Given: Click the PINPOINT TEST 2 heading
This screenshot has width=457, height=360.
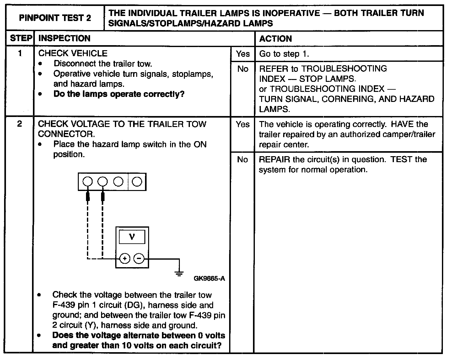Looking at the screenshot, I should pyautogui.click(x=55, y=18).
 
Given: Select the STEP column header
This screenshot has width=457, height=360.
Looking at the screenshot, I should pyautogui.click(x=21, y=39).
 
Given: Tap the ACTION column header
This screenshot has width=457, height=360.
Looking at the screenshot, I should pyautogui.click(x=275, y=39).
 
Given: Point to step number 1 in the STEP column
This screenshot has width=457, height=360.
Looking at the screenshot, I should pyautogui.click(x=20, y=53).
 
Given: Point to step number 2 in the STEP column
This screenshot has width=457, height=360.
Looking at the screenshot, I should pyautogui.click(x=19, y=124).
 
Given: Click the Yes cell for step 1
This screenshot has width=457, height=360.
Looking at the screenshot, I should pyautogui.click(x=243, y=54).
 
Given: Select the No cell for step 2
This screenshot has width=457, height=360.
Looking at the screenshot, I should pyautogui.click(x=243, y=160).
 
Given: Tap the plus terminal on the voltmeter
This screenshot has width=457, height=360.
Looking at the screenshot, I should pyautogui.click(x=125, y=259).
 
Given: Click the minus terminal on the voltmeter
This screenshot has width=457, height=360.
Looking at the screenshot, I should pyautogui.click(x=139, y=259).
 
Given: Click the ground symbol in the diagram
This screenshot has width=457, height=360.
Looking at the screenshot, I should pyautogui.click(x=179, y=273).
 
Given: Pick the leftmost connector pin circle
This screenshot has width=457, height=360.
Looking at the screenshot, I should pyautogui.click(x=88, y=182).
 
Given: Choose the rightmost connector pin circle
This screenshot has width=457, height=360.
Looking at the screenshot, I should pyautogui.click(x=137, y=182).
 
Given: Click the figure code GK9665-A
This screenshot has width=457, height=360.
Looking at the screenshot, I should pyautogui.click(x=209, y=278).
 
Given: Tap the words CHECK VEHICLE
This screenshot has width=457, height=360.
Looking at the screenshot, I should pyautogui.click(x=73, y=53).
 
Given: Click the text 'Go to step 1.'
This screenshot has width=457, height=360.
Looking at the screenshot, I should pyautogui.click(x=284, y=54).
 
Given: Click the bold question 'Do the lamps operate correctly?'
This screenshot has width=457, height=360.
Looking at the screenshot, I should pyautogui.click(x=119, y=94).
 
